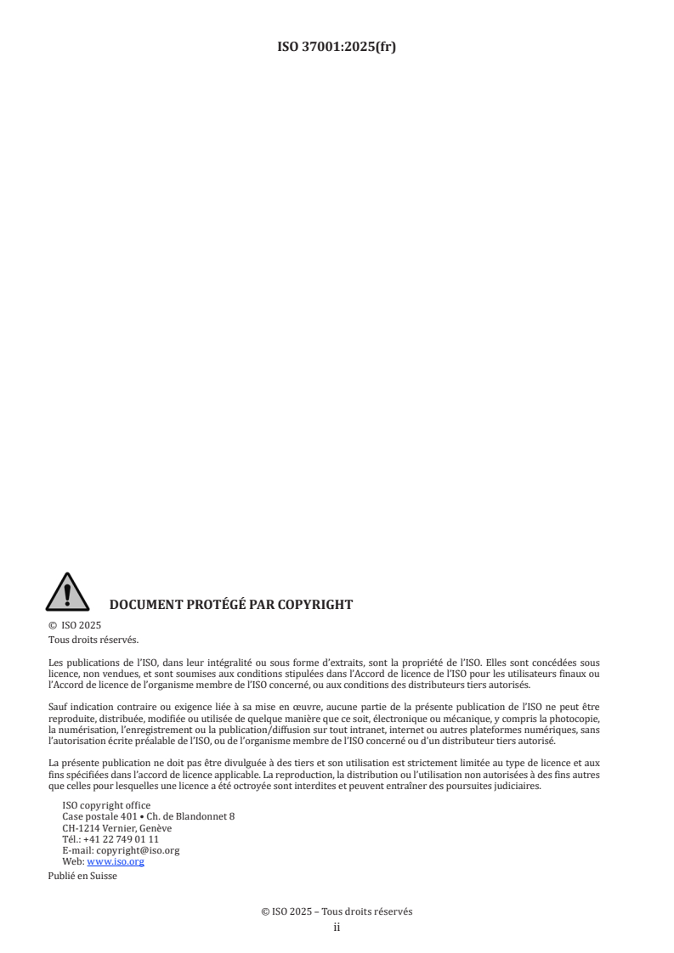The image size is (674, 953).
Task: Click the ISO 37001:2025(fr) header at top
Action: click(x=337, y=48)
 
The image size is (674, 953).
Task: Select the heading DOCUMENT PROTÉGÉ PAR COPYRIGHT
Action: click(x=231, y=606)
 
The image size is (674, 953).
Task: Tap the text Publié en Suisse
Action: click(x=82, y=876)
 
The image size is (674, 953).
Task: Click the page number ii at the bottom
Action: click(x=337, y=928)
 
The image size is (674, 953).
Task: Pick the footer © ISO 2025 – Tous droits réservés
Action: click(x=337, y=911)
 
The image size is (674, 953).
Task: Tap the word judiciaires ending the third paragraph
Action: click(x=513, y=786)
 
